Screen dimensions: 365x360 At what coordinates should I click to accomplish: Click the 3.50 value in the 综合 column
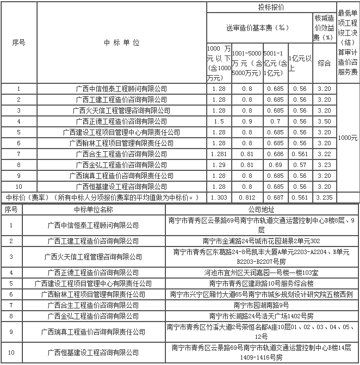(324, 121)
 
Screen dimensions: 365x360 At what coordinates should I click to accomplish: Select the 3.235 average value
(324, 197)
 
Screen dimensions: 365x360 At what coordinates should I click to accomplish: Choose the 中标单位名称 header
(94, 209)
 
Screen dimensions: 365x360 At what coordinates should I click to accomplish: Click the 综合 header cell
(324, 63)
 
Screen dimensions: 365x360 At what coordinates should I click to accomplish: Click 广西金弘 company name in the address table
(94, 315)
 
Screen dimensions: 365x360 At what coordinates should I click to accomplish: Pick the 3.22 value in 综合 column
(324, 154)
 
